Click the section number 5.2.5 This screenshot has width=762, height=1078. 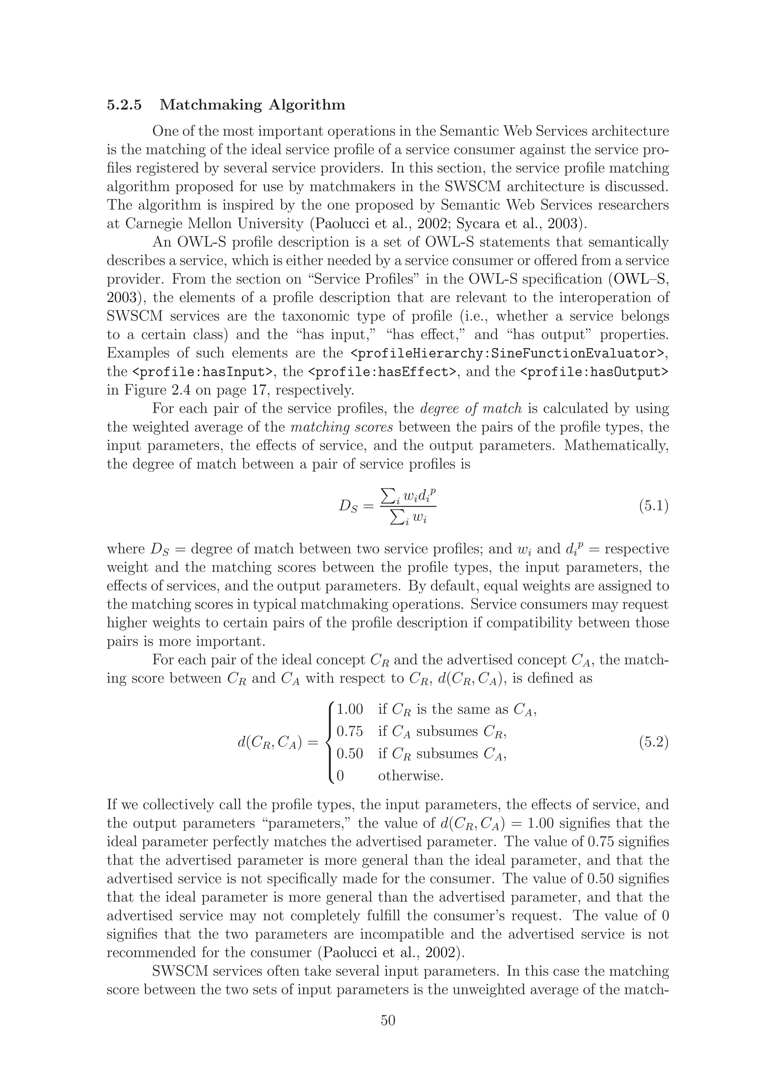(x=124, y=104)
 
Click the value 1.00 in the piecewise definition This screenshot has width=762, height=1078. (x=350, y=709)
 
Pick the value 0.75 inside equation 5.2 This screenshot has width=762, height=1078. (x=350, y=731)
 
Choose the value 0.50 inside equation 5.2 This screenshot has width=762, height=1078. (x=350, y=754)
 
